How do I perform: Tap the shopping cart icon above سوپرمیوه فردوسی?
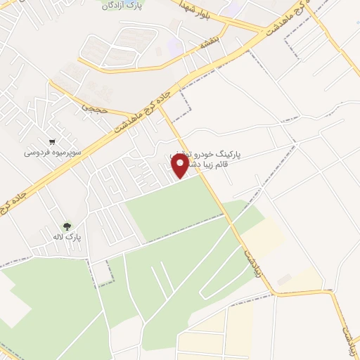coord(53,140)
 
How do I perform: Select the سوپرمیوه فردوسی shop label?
coord(53,152)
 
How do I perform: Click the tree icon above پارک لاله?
coord(67,226)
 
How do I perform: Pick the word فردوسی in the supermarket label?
coord(36,152)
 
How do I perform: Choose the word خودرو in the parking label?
coord(210,153)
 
